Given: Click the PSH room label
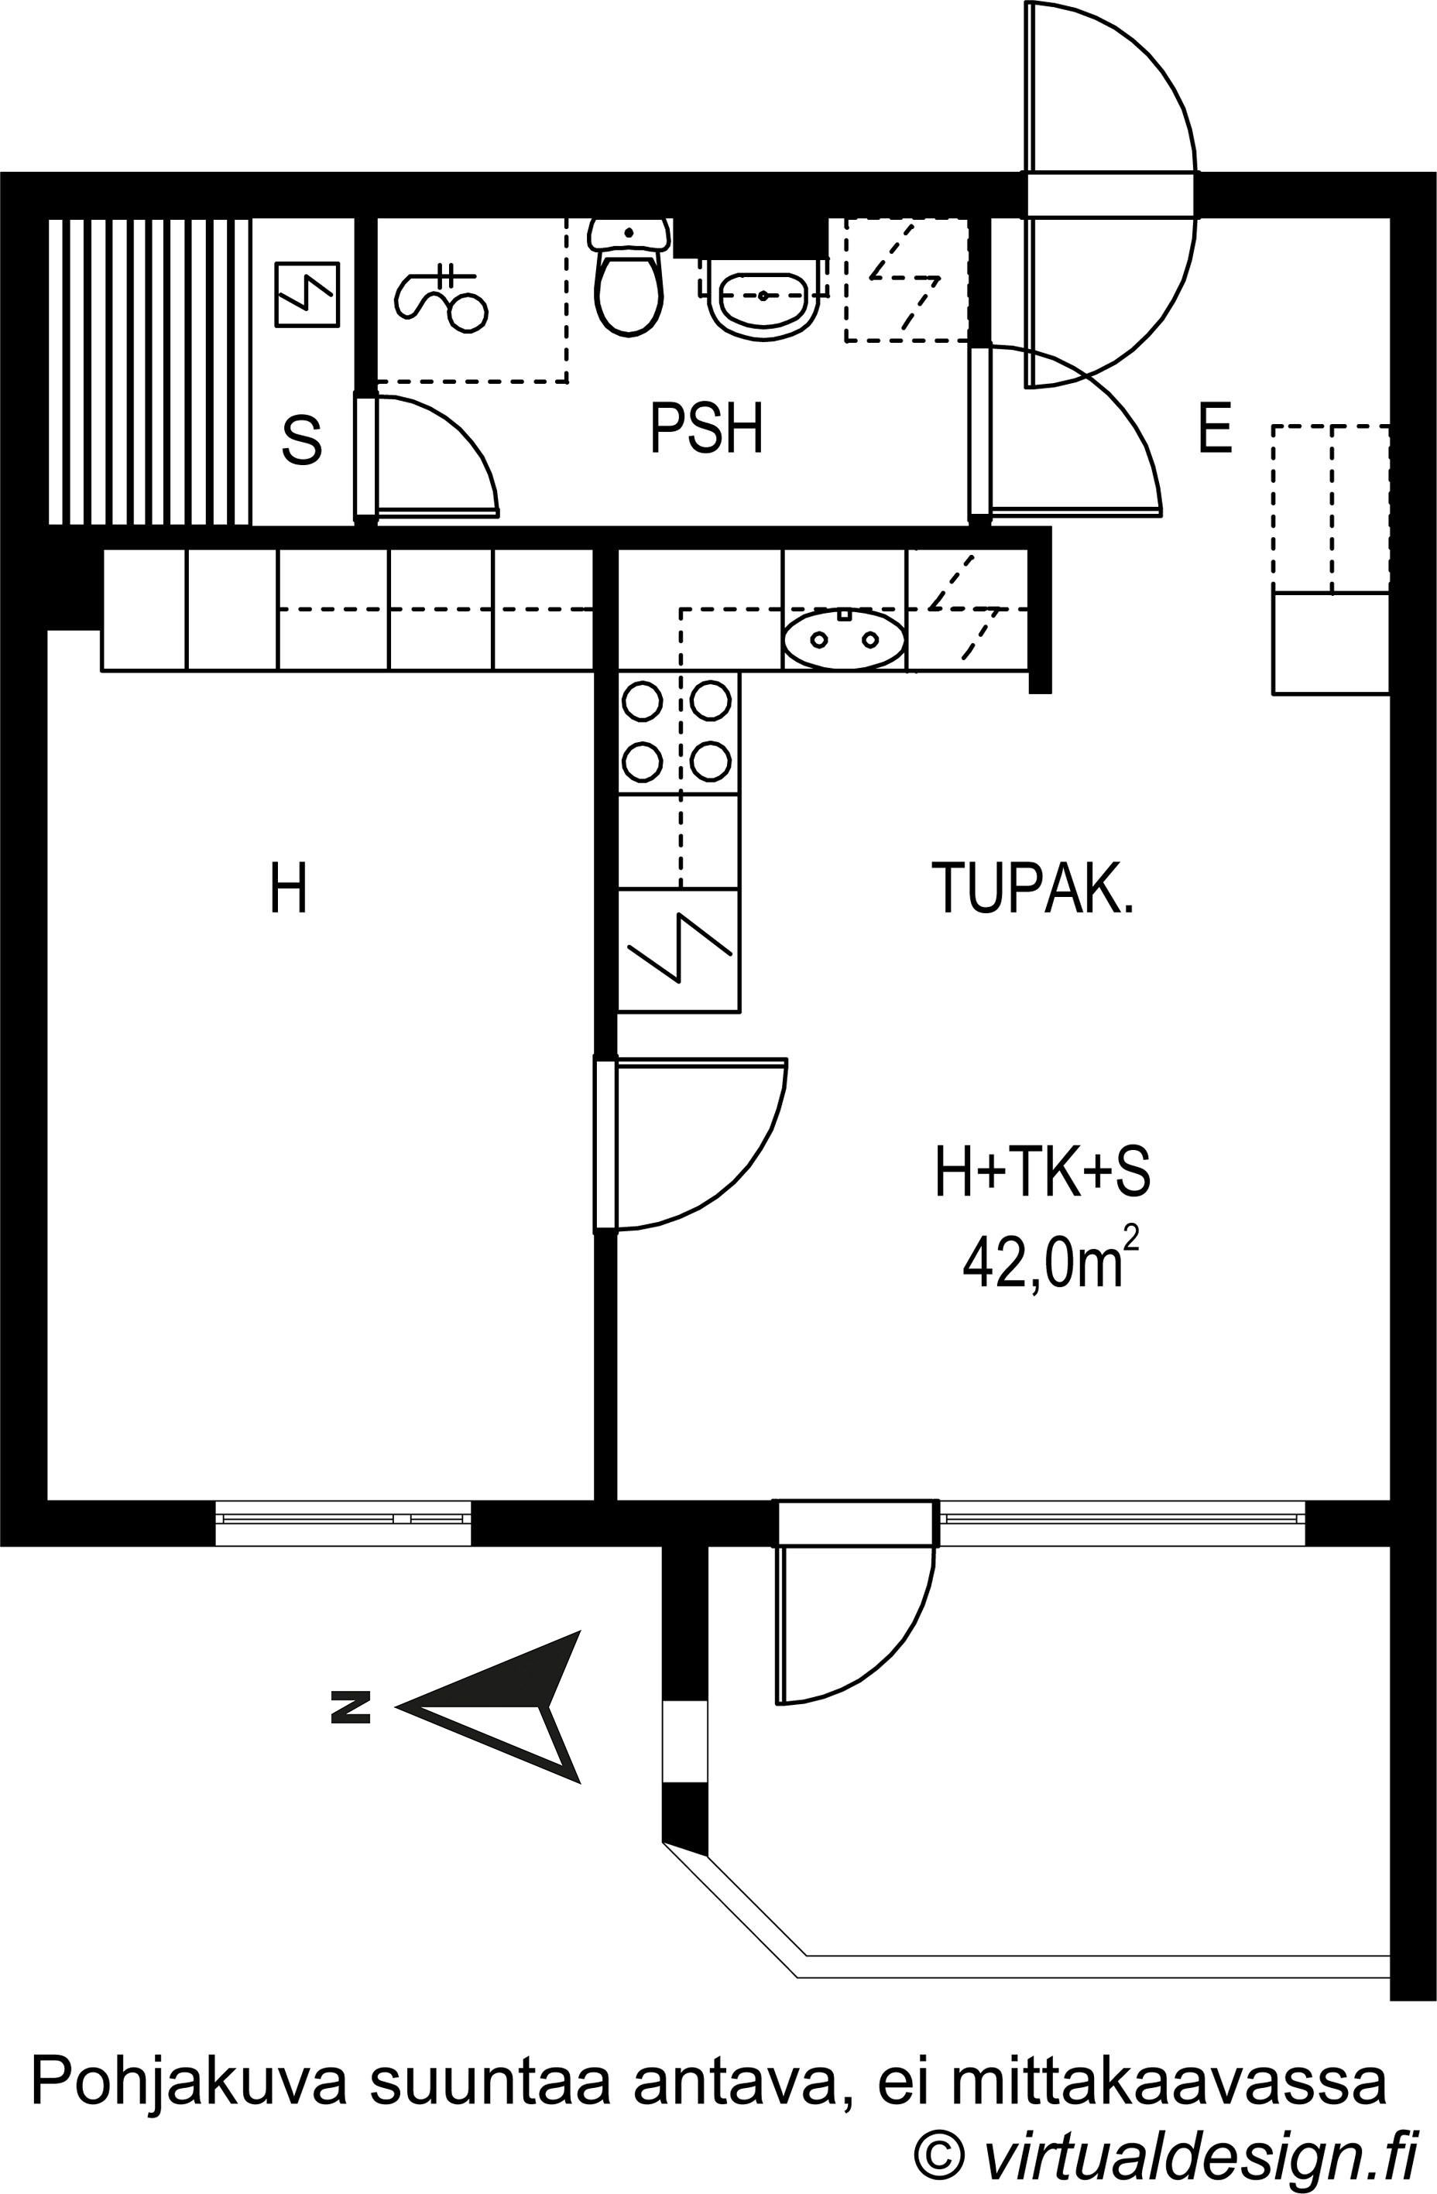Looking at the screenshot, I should [707, 429].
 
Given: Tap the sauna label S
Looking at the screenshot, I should [302, 440].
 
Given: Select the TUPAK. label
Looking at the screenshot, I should [1032, 888].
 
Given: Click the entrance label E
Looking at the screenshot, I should [1215, 429].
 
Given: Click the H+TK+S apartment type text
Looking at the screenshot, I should [1042, 1173].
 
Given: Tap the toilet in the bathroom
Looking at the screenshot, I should [630, 276].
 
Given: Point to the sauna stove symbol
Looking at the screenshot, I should [307, 295].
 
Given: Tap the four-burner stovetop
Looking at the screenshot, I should [678, 732].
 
